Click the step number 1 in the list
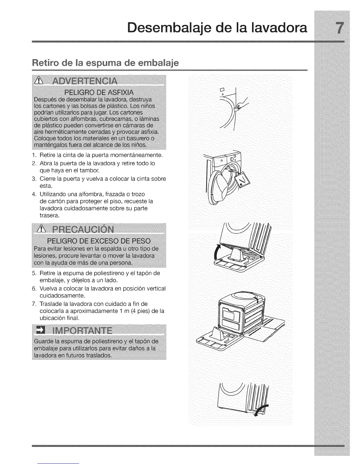(x=34, y=155)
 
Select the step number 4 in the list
(x=34, y=194)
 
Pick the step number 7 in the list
(x=34, y=304)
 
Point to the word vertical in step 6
(x=155, y=288)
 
